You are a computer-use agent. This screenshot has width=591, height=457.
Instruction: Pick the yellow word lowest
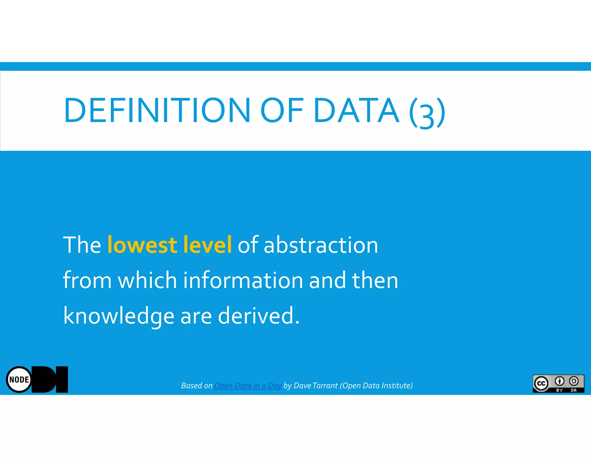142,245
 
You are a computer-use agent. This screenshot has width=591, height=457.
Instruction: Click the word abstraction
321,245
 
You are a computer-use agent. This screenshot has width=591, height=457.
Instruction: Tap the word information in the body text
243,280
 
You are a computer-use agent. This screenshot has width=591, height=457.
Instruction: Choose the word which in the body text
147,280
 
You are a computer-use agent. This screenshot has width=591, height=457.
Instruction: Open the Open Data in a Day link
248,386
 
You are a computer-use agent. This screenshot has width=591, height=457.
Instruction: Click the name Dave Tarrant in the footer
315,386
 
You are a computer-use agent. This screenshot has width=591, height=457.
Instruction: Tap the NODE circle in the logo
19,380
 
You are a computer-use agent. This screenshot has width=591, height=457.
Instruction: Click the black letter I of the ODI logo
62,380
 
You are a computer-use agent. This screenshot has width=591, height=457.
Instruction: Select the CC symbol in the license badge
541,383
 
